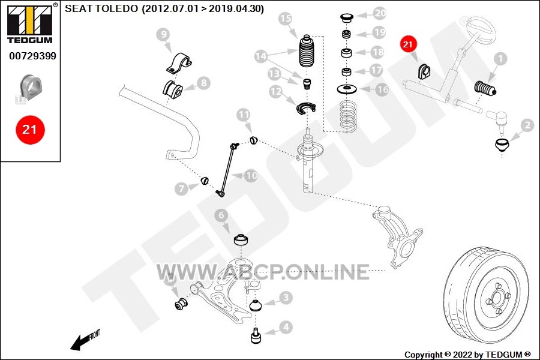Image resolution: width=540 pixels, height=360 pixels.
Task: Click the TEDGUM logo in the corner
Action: point(30,23)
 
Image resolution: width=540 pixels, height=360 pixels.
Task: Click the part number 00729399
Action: point(33,56)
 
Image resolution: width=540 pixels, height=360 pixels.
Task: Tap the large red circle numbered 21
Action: point(30,130)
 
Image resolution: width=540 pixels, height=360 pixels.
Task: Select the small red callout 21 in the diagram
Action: point(408,44)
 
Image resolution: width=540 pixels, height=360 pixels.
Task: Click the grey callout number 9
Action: point(164,34)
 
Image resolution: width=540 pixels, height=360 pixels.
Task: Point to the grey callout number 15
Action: point(285,19)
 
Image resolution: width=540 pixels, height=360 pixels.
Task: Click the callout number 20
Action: point(380,13)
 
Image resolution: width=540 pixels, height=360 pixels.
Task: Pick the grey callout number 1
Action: point(500,59)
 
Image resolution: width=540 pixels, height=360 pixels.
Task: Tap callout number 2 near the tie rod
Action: point(527,125)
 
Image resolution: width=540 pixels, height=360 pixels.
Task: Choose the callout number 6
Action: point(221,215)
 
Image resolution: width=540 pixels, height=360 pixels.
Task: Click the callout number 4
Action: point(286,327)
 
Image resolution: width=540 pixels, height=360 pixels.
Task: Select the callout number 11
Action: point(244,115)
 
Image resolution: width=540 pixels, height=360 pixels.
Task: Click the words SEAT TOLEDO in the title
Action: point(101,8)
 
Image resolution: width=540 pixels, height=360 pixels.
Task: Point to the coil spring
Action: point(348,116)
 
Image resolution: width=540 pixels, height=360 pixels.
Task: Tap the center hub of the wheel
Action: point(497,298)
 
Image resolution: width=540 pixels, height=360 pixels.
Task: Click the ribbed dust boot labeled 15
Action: point(307,51)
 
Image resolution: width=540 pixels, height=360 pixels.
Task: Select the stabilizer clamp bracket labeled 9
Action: point(179,64)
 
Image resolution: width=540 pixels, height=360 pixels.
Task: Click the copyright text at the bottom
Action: point(467,355)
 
